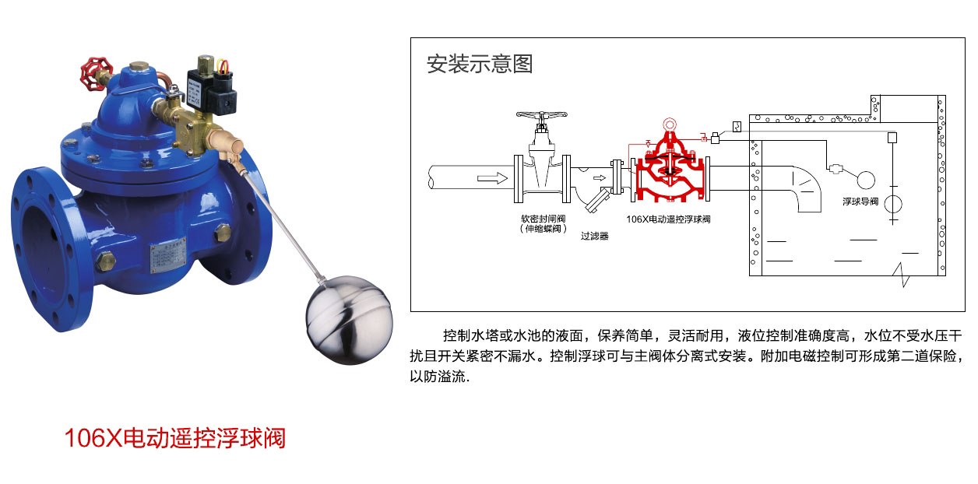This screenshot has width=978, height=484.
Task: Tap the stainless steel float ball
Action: click(349, 320)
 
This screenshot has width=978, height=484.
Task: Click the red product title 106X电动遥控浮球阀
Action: click(175, 438)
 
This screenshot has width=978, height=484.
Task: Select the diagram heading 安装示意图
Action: click(480, 64)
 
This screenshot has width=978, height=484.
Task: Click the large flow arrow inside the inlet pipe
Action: click(492, 178)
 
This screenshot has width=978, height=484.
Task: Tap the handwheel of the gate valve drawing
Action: click(541, 115)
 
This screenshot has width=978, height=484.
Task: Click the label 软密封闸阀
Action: click(544, 218)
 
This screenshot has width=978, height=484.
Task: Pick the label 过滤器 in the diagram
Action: click(595, 236)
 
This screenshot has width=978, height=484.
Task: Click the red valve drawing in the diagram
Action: click(670, 167)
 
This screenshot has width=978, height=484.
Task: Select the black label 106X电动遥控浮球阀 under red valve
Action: click(668, 219)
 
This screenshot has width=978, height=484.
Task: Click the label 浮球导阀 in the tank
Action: click(860, 202)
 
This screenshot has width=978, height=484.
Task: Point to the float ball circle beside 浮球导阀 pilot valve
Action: click(866, 180)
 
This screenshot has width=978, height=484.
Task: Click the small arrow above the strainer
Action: click(600, 177)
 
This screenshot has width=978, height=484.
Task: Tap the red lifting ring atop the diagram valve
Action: click(670, 125)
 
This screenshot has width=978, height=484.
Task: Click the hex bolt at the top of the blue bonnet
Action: click(139, 67)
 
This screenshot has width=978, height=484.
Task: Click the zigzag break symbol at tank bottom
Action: click(902, 275)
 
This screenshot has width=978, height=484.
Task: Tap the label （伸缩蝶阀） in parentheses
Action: click(544, 229)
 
